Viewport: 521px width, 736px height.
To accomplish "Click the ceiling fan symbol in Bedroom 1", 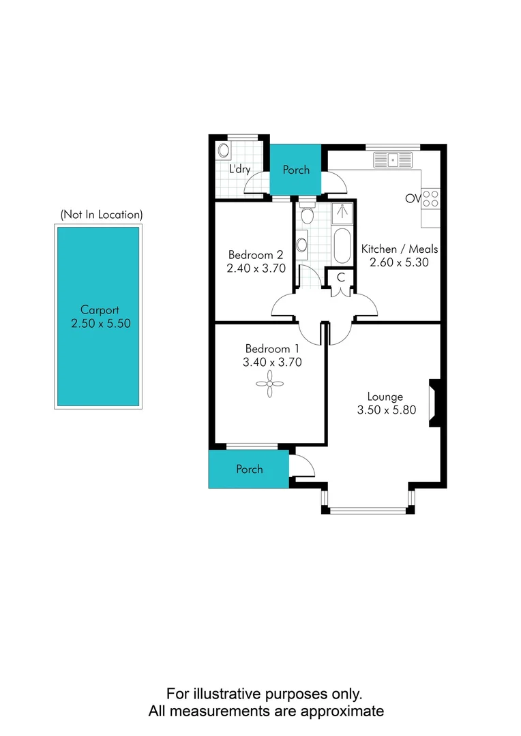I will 270,385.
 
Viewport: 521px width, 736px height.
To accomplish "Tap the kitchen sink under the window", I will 393,160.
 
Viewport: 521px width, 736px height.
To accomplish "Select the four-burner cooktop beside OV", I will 430,198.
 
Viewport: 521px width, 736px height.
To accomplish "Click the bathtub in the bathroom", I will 342,246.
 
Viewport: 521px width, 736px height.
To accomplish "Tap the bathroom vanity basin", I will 301,244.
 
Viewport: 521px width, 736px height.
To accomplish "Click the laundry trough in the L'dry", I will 222,150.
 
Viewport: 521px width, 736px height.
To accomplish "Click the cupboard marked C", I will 340,277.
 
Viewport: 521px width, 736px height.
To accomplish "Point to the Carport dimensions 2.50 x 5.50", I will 100,324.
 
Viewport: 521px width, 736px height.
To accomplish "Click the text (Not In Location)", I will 101,214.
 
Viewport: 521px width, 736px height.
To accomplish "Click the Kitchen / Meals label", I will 399,249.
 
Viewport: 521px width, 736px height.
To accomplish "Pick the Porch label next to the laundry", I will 296,170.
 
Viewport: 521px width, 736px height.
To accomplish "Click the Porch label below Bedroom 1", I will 249,469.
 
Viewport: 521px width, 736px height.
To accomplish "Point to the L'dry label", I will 239,169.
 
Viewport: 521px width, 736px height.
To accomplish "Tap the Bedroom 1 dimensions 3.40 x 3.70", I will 272,363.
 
